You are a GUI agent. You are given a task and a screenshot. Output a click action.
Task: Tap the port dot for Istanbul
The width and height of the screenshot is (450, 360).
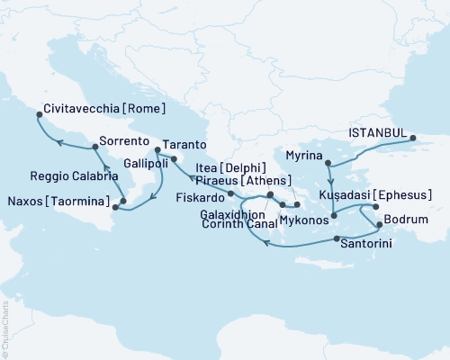pos(414,139)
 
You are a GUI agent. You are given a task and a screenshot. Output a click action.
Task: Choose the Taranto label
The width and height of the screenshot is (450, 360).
pos(184,144)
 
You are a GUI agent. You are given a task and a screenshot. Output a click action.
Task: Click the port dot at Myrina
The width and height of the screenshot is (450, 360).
pos(328,164)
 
